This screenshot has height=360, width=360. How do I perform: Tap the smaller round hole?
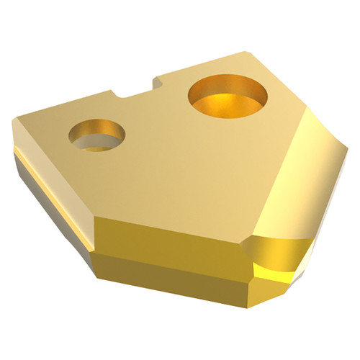point(96,135)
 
